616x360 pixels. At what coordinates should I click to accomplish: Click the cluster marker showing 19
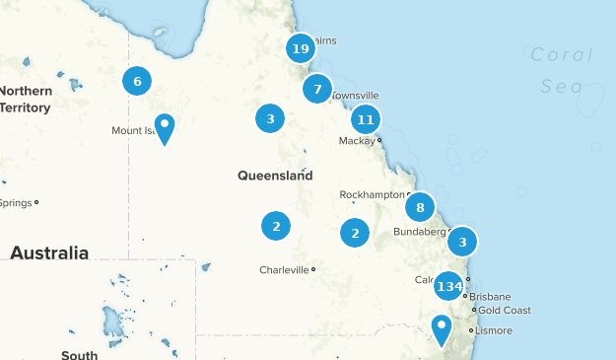coord(301,48)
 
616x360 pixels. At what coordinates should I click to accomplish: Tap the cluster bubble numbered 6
coord(137,81)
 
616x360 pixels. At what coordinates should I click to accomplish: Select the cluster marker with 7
coord(317,90)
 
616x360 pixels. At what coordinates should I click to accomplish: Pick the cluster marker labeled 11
coord(365,119)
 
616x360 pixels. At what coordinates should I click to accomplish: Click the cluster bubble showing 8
coord(420,207)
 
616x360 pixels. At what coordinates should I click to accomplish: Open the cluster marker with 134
coord(449,287)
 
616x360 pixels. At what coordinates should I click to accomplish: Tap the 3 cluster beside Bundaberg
coord(462,241)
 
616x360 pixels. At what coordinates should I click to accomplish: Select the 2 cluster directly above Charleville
coord(276,226)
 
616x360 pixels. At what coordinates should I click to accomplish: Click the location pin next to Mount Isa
coord(165,128)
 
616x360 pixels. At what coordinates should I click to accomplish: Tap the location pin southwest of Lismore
coord(443,328)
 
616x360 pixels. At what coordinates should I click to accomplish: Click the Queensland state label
coord(274,176)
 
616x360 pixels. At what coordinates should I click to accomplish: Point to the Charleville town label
coord(284,269)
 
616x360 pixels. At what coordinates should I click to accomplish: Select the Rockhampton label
coord(372,195)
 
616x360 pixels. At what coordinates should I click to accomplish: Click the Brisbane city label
coord(490,296)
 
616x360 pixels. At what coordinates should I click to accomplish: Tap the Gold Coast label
coord(505,311)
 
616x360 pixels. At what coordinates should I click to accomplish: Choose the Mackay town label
coord(356,141)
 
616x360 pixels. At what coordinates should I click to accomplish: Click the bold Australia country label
coord(49,253)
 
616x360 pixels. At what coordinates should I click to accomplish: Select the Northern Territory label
coord(26,99)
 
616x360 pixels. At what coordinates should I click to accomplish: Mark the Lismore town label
coord(494,329)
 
